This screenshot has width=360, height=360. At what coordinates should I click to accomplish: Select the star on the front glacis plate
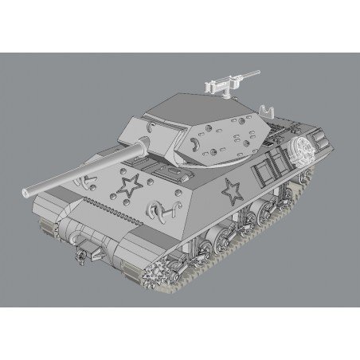pyautogui.click(x=127, y=188)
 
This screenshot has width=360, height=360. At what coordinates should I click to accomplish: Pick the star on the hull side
pyautogui.click(x=232, y=190)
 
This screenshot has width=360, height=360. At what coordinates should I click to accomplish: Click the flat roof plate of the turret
pyautogui.click(x=187, y=108)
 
